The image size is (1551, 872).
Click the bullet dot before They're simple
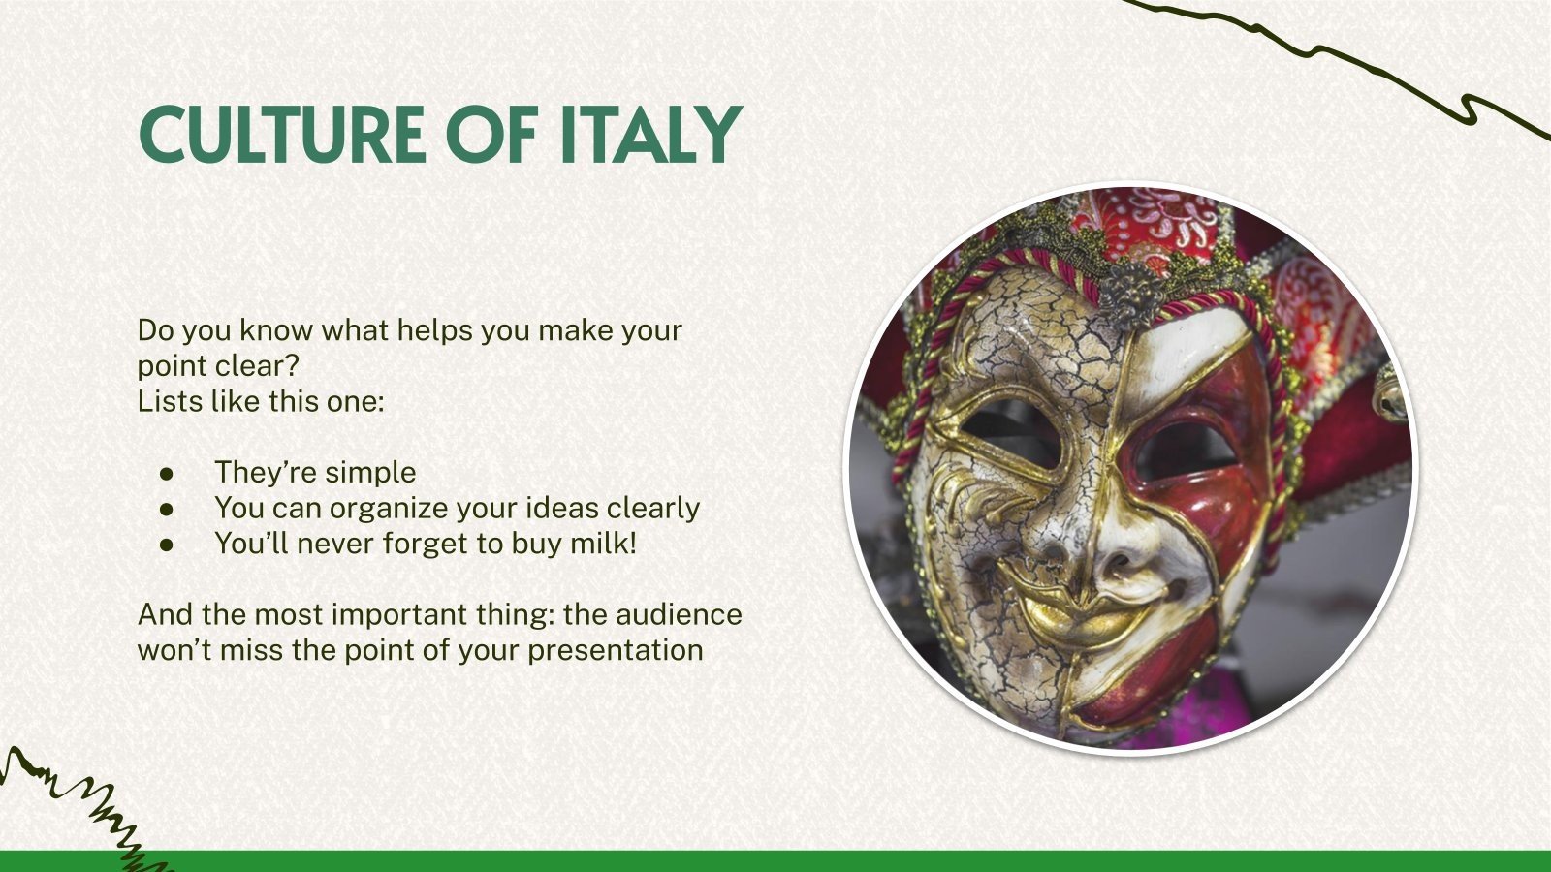pyautogui.click(x=168, y=473)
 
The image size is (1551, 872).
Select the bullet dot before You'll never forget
pyautogui.click(x=168, y=545)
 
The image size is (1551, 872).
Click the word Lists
pyautogui.click(x=171, y=401)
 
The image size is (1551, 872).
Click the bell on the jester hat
pyautogui.click(x=1391, y=397)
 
